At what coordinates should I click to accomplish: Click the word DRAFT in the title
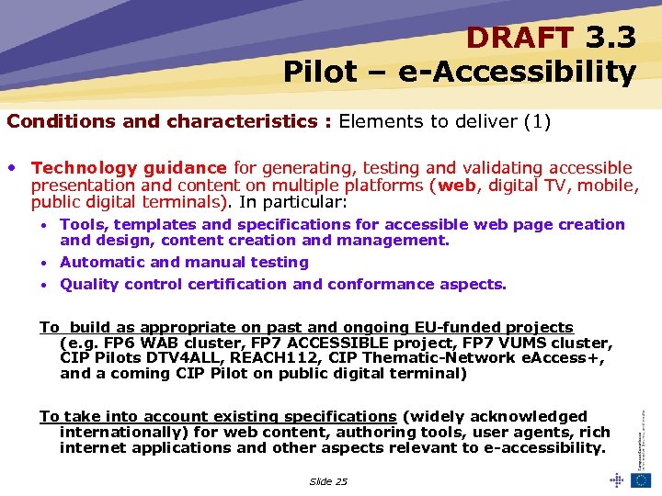pyautogui.click(x=519, y=38)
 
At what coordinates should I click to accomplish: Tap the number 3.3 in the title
pyautogui.click(x=611, y=38)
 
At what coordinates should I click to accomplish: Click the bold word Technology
pyautogui.click(x=81, y=167)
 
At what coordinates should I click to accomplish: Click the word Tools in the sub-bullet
pyautogui.click(x=82, y=224)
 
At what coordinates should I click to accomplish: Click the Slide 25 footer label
pyautogui.click(x=328, y=481)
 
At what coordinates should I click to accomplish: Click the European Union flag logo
pyautogui.click(x=641, y=479)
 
